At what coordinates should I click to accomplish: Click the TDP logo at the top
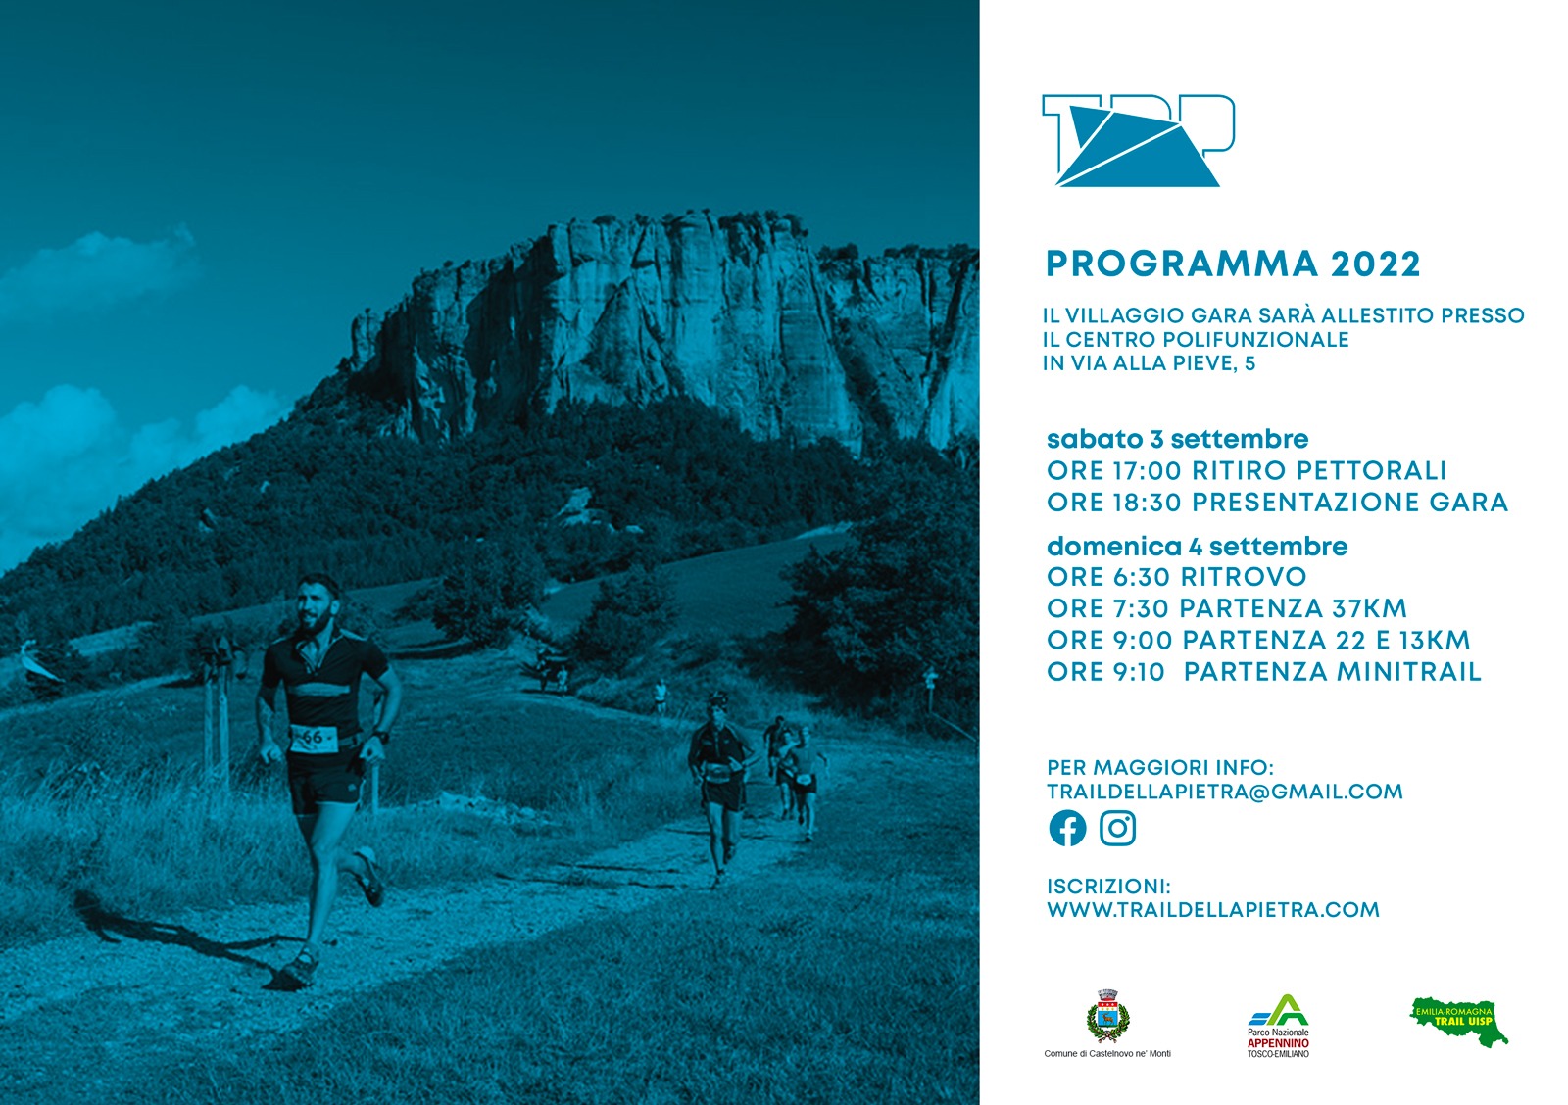coord(1138,141)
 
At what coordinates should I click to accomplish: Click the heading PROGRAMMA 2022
coord(1233,264)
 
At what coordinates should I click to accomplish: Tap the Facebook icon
coord(1067,829)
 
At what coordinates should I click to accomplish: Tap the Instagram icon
coord(1117,829)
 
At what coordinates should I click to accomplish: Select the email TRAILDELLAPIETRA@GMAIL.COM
coord(1225,792)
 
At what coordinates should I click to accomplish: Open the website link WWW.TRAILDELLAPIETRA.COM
coord(1213,910)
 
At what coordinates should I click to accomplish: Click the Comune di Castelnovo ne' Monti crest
coord(1107,1017)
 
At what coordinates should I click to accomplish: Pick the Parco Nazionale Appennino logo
coord(1278,1026)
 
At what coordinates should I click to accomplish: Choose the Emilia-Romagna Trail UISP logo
coord(1459,1021)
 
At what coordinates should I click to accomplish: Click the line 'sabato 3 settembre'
coord(1177,440)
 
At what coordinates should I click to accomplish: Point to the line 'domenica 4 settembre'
coord(1197,547)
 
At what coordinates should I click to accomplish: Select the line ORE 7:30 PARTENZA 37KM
coord(1226,609)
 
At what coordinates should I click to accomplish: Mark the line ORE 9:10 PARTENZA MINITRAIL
coord(1263,672)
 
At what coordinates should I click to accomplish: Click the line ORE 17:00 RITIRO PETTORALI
coord(1246,471)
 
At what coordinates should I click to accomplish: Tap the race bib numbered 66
coord(314,739)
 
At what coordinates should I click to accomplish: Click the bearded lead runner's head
coord(318,603)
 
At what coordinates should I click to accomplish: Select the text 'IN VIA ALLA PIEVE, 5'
coord(1149,363)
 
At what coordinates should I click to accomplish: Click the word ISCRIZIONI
coord(1108,887)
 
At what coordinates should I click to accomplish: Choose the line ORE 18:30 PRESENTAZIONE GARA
coord(1277,503)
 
